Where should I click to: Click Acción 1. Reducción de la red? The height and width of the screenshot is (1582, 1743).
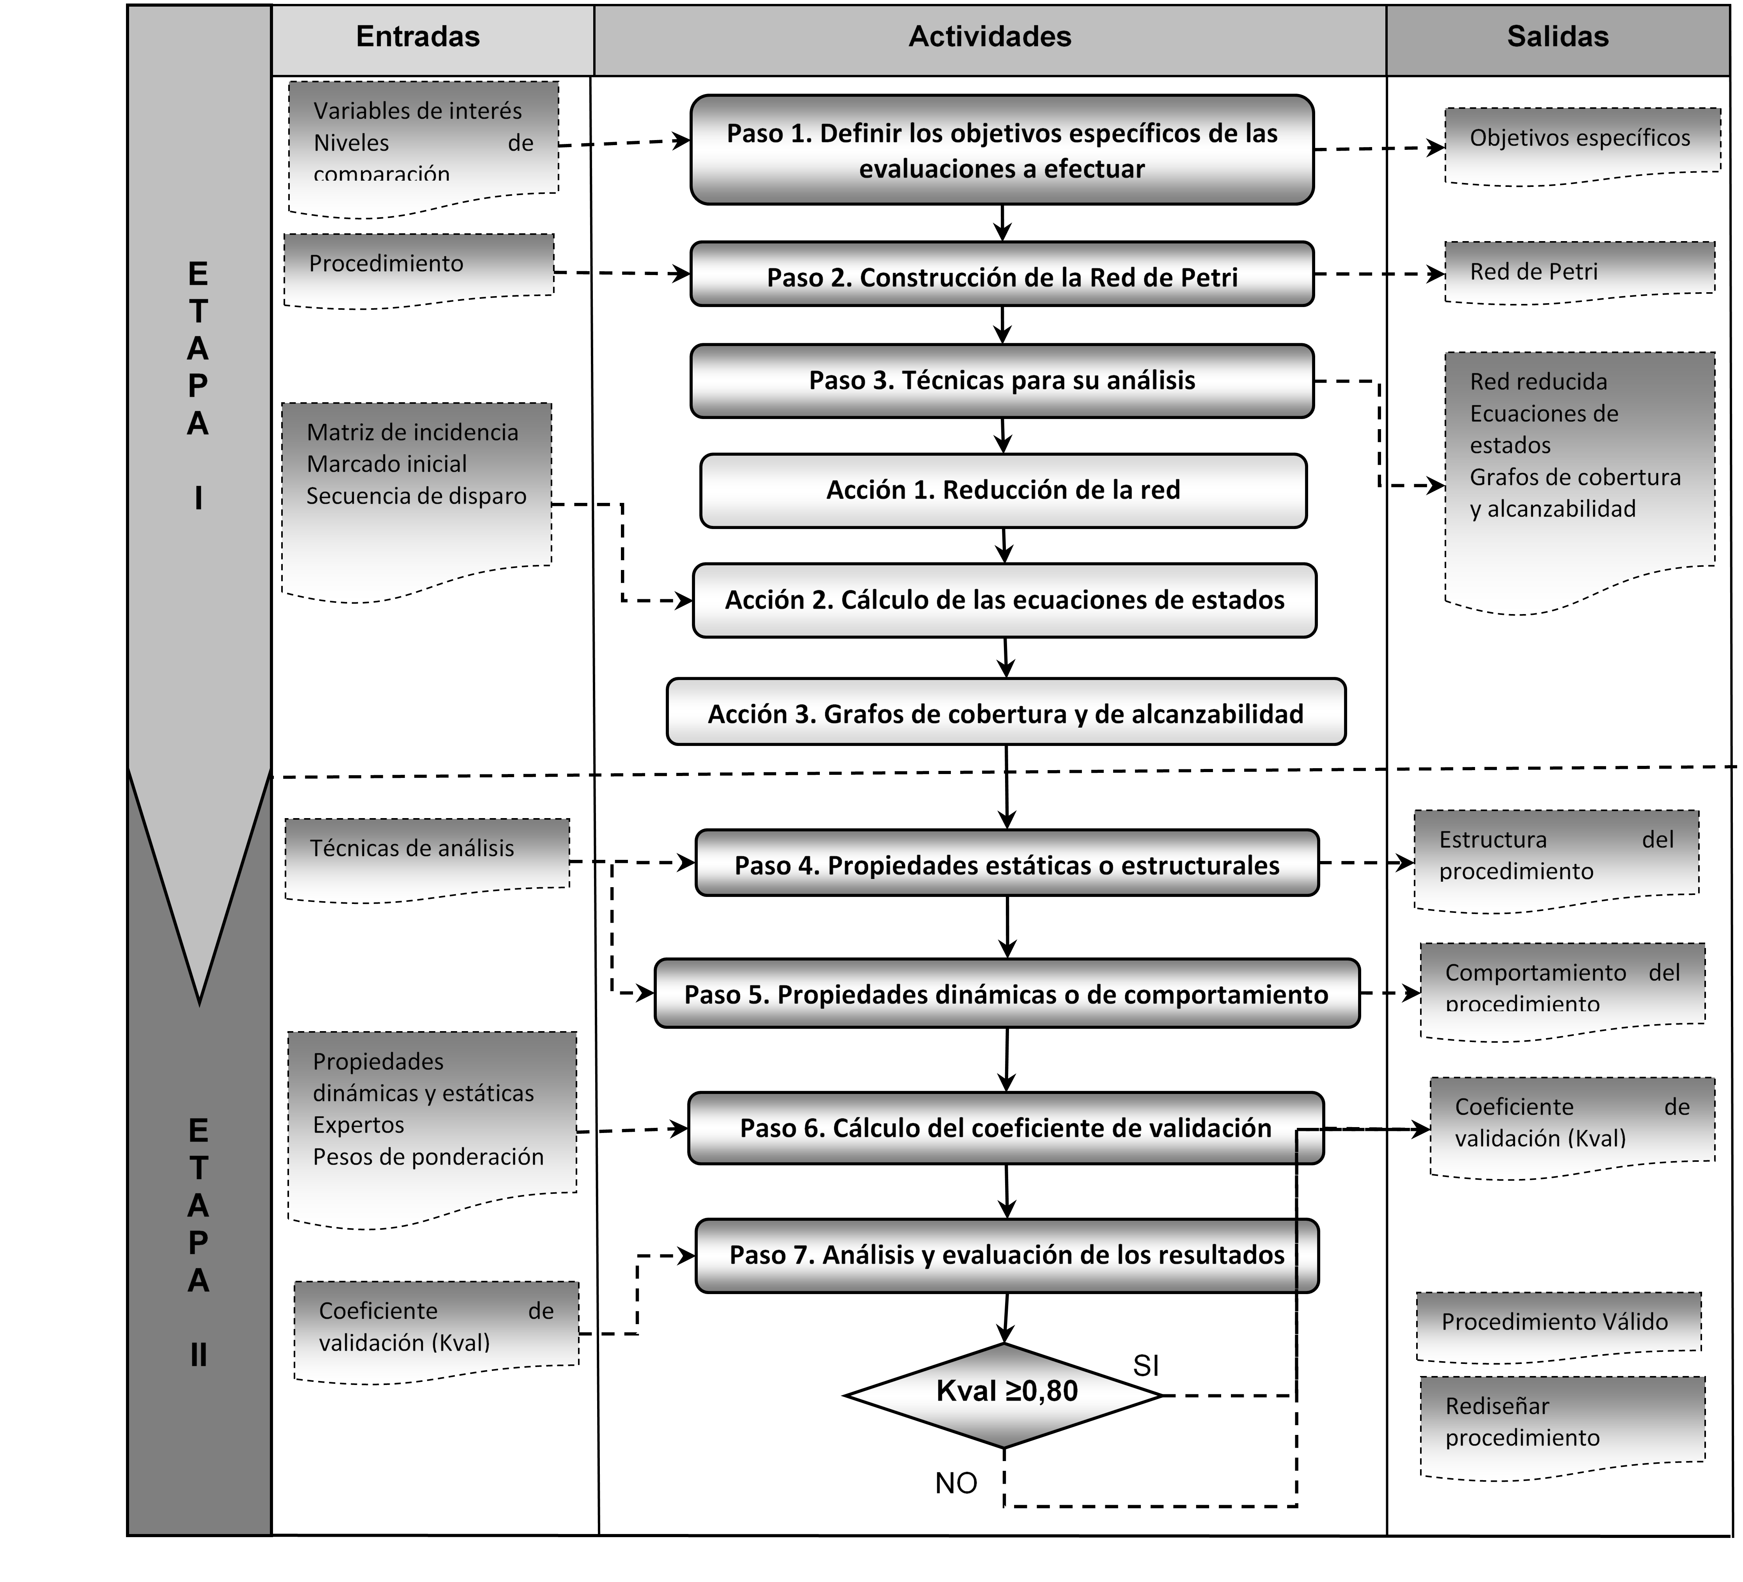tap(1003, 490)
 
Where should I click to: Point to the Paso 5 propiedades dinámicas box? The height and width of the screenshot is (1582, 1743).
tap(1006, 994)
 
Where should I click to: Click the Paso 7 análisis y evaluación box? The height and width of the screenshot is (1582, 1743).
tap(1006, 1255)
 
